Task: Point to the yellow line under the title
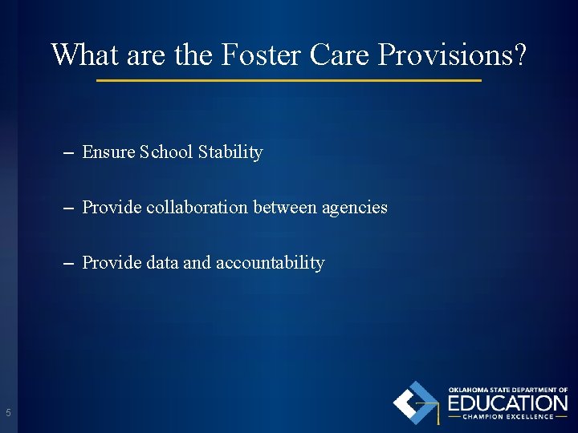(289, 81)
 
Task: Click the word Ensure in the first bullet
(108, 152)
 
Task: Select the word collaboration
(197, 208)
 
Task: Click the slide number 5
(8, 413)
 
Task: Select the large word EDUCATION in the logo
(507, 403)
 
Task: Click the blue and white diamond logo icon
(416, 403)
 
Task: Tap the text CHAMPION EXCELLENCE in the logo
(507, 417)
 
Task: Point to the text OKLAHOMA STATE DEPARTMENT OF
(507, 390)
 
